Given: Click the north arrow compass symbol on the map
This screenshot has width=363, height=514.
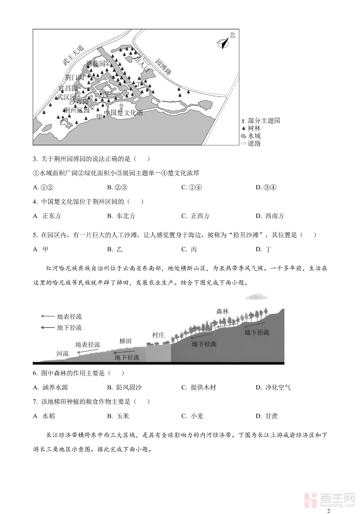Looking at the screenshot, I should [223, 43].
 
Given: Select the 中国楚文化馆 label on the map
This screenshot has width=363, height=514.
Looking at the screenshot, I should [124, 113].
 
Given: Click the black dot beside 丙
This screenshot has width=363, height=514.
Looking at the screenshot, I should [101, 94].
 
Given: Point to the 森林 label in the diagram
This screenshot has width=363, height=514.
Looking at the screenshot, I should [222, 311].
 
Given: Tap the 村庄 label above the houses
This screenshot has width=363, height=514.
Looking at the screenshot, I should [158, 335].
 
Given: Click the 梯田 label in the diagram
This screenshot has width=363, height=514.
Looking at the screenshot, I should [125, 341].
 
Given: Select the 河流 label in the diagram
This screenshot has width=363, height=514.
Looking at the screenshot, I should [63, 353].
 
